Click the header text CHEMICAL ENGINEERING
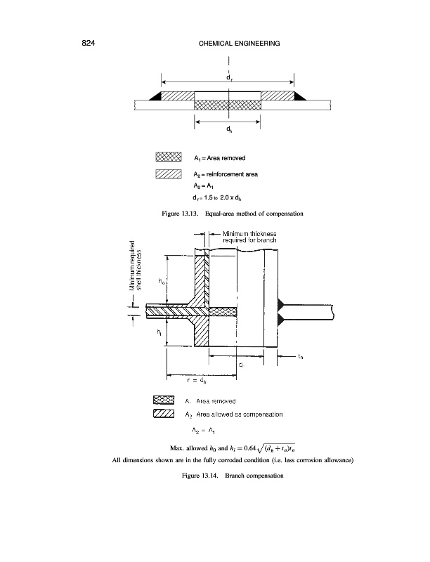pyautogui.click(x=235, y=44)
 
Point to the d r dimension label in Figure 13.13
pyautogui.click(x=229, y=78)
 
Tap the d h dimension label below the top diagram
pyautogui.click(x=229, y=130)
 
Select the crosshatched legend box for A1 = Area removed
pyautogui.click(x=169, y=157)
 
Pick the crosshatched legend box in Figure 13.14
pyautogui.click(x=164, y=400)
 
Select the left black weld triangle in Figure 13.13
pyautogui.click(x=155, y=96)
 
